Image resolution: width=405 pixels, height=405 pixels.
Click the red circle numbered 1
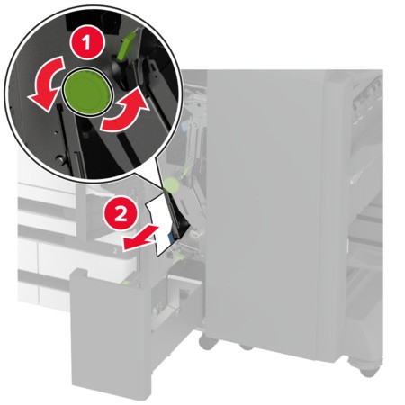point(87,43)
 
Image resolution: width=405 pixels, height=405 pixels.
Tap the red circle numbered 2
point(121,215)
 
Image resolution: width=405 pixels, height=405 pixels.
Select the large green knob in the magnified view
point(88,93)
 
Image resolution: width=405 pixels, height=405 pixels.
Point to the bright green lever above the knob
point(128,44)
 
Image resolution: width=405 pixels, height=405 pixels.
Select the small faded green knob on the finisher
point(171,184)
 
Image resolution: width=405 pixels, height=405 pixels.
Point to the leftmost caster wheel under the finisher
point(208,342)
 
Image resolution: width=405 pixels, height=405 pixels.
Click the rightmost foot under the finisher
point(368,365)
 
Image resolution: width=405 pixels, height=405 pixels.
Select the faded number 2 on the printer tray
point(116,251)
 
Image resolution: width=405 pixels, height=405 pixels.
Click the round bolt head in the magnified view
point(61,159)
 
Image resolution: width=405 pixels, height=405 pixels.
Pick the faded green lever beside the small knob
point(186,171)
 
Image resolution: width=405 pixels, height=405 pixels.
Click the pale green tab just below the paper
point(180,256)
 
